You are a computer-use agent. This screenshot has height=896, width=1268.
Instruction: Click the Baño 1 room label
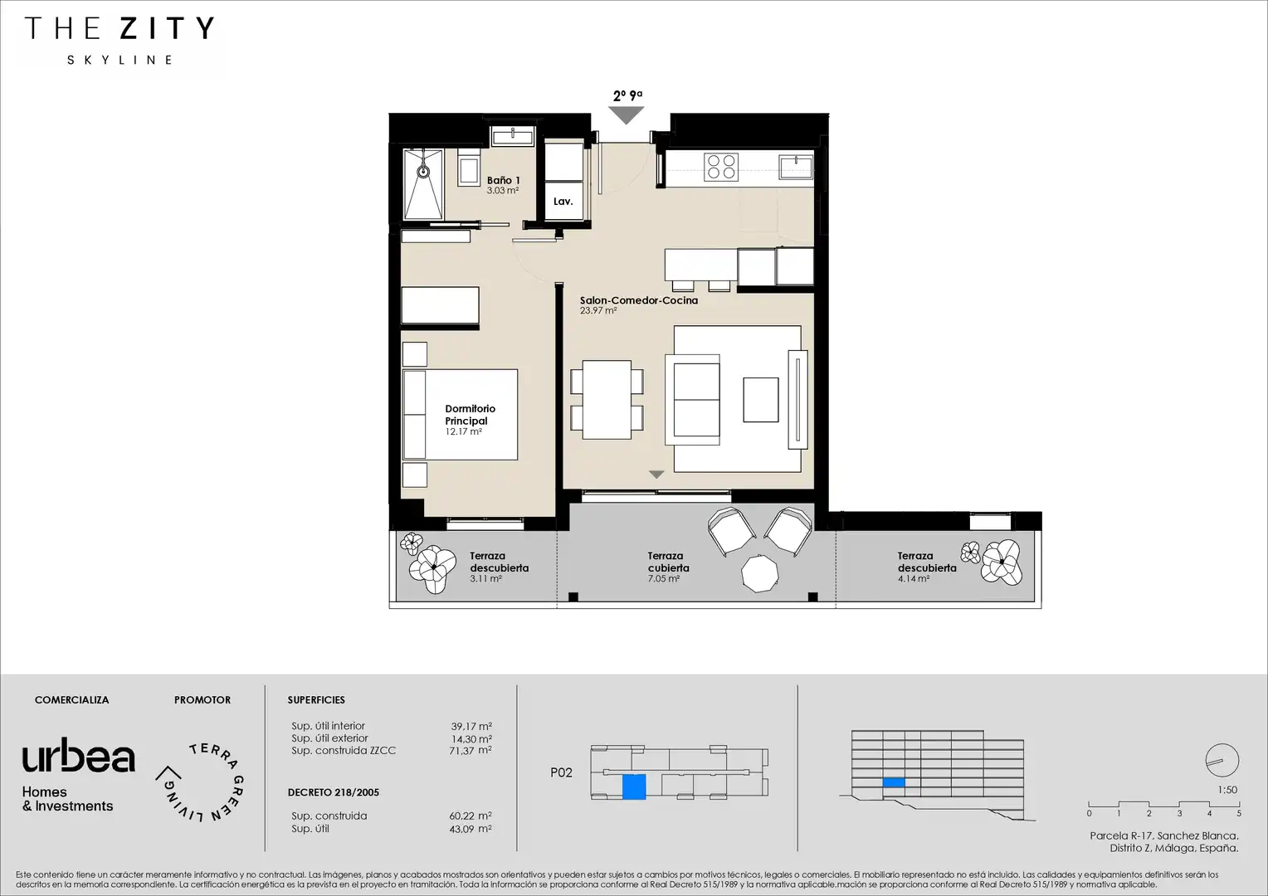tap(503, 181)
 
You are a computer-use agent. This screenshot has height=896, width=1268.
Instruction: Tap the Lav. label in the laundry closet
tap(563, 201)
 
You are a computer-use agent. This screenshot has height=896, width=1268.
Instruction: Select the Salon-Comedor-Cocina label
tap(638, 300)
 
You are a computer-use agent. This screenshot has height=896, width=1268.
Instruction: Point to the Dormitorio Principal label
tap(470, 415)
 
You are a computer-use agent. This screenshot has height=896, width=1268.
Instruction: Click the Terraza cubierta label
tap(668, 562)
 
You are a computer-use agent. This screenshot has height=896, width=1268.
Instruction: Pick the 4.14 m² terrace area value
tap(913, 579)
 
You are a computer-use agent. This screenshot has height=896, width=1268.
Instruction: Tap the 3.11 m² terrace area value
tap(485, 579)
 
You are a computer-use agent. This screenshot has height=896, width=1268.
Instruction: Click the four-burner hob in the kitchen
tap(721, 167)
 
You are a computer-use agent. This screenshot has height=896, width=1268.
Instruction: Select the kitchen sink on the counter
tap(796, 167)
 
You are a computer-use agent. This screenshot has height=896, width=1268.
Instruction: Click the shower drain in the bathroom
tap(423, 171)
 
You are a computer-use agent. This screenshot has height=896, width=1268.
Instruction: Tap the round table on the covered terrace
tap(759, 573)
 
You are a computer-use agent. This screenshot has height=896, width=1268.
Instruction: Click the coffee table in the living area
tap(761, 400)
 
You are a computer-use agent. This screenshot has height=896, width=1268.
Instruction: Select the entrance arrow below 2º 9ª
tap(627, 115)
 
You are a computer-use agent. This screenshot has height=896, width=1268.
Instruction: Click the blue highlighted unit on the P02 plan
tap(634, 786)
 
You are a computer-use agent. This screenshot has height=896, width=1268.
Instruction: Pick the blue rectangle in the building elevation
tap(894, 783)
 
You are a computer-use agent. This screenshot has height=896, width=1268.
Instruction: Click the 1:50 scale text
tap(1227, 790)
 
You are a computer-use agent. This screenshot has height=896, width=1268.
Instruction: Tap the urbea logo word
tap(79, 755)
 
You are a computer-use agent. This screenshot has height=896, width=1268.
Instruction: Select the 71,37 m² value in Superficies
tap(471, 751)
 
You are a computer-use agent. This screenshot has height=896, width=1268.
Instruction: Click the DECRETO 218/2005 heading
tap(334, 792)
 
